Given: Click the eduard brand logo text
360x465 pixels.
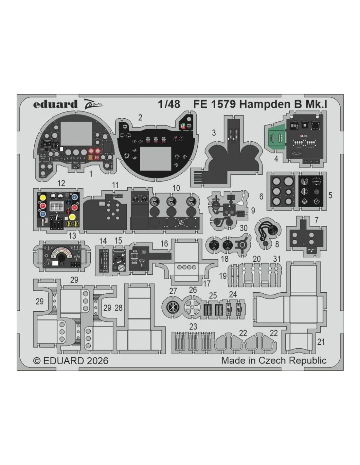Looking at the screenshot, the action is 55,104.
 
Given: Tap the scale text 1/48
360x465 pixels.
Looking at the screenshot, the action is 169,104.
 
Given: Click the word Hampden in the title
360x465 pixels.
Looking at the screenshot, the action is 264,104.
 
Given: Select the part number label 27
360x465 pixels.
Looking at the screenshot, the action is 173,291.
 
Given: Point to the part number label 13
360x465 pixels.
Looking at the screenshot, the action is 72,235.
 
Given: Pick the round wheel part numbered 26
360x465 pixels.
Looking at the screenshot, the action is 192,307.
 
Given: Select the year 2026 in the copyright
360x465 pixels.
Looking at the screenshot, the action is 98,361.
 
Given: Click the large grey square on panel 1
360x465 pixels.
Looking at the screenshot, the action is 76,134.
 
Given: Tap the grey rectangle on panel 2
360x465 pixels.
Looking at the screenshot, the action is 156,159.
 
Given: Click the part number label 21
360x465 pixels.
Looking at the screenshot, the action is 321,342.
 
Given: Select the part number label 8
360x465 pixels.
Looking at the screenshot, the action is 277,244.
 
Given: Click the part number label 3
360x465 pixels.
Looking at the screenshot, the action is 214,133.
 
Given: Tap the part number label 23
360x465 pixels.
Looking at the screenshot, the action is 193,327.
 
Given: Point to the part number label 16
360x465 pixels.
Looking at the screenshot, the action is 164,244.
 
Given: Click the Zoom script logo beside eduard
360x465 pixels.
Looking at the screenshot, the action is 93,104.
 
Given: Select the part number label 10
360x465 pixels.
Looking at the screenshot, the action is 176,188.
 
